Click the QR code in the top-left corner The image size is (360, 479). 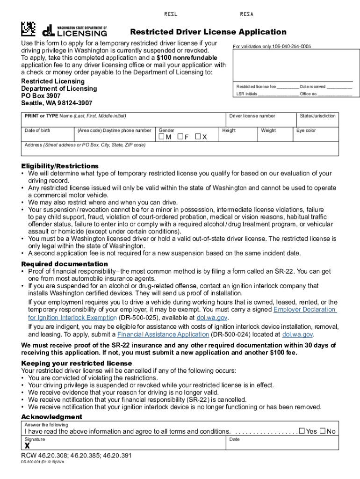(x=28, y=29)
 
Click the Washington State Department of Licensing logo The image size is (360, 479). (x=75, y=31)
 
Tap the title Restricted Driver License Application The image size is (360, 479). (x=208, y=32)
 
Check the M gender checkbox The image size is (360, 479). (x=162, y=137)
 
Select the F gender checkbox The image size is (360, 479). (x=180, y=137)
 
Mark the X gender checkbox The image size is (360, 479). (x=198, y=137)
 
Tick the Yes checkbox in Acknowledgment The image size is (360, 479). (x=302, y=431)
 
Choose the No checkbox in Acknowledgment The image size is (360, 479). (x=323, y=431)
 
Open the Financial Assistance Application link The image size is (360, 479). (x=163, y=334)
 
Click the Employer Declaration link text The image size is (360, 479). (x=304, y=310)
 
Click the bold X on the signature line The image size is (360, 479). (x=28, y=446)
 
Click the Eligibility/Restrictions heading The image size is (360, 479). (x=60, y=166)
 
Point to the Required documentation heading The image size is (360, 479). (x=65, y=264)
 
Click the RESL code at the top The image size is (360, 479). (x=171, y=14)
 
